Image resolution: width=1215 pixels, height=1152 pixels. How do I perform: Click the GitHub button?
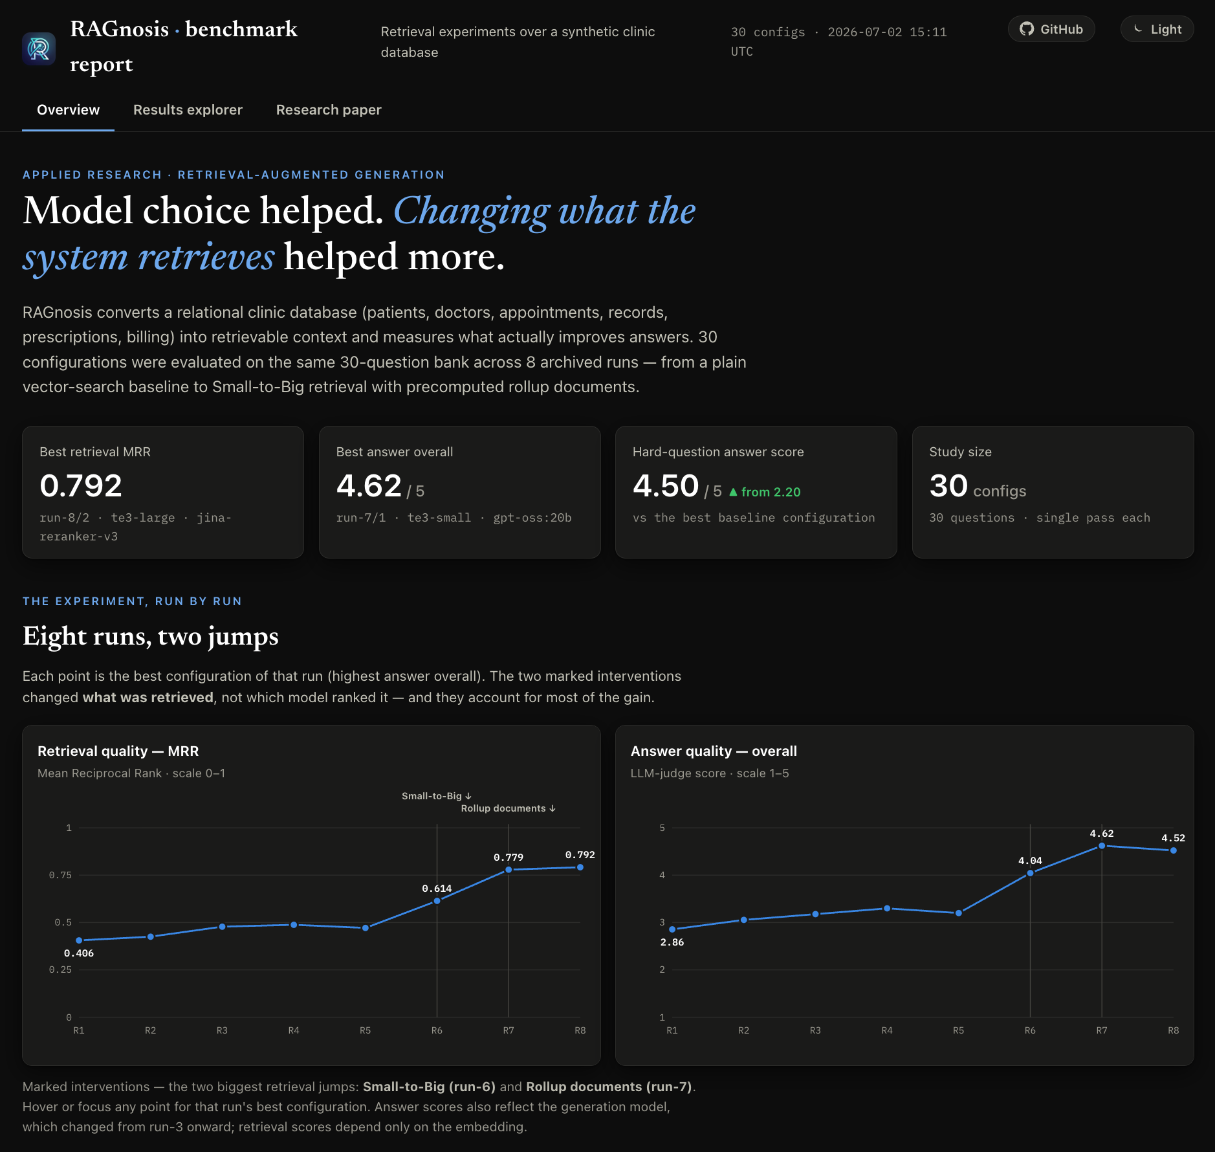(x=1051, y=29)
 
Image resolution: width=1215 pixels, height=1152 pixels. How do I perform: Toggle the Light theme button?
(x=1157, y=29)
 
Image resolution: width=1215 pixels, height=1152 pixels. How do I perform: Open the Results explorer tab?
(x=188, y=110)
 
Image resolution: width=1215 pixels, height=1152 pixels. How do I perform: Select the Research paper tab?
(x=329, y=110)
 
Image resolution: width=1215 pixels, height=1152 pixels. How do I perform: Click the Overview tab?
(x=68, y=110)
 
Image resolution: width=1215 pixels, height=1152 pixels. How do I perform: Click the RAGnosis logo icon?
(x=39, y=49)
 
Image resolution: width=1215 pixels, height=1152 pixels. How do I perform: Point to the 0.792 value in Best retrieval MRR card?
(x=81, y=485)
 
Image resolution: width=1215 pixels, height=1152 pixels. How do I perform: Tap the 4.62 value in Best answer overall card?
(x=369, y=485)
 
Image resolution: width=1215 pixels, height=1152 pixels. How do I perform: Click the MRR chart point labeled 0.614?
(x=437, y=901)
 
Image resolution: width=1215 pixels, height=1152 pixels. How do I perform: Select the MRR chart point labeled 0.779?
(x=509, y=870)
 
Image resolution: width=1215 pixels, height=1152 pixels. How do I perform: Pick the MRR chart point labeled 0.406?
(x=79, y=940)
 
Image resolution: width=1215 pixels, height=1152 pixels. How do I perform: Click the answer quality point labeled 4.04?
(x=1030, y=873)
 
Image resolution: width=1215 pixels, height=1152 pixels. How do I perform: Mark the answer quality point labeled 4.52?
(x=1173, y=850)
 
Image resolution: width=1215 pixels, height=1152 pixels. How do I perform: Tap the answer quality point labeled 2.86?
(x=672, y=929)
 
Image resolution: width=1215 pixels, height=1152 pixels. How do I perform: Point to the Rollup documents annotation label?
(x=509, y=808)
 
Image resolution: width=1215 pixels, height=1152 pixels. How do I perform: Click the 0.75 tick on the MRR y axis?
(x=60, y=875)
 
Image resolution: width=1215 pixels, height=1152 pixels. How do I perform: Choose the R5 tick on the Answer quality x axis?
(x=958, y=1030)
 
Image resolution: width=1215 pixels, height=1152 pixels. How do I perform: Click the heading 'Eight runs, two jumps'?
(x=150, y=636)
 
